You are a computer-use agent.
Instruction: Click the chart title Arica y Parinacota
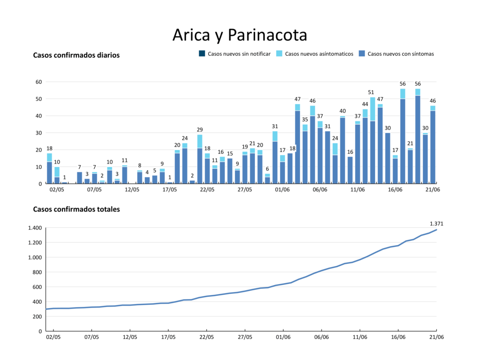240,35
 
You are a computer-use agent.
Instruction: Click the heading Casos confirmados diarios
76,55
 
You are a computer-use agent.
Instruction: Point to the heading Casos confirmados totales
76,210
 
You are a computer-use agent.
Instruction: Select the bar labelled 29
200,159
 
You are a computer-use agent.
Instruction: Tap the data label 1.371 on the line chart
436,224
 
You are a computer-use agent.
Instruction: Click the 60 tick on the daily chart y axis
39,82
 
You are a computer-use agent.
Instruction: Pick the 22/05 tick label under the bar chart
207,190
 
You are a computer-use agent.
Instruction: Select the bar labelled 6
267,179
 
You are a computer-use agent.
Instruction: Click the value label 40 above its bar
343,111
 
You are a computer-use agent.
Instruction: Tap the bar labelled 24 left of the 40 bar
335,164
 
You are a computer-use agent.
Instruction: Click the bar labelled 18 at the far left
49,169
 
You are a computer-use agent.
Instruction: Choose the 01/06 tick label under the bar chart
282,190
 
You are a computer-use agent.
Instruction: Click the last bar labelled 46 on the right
433,145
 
